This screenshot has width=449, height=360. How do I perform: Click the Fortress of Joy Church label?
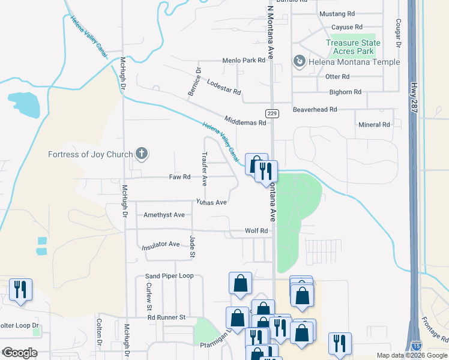[90, 154]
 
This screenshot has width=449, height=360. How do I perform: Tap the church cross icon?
[142, 154]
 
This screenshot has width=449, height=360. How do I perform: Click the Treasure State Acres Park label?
[353, 47]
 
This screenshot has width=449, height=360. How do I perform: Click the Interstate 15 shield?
[417, 346]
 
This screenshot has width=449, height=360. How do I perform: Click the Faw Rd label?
[179, 177]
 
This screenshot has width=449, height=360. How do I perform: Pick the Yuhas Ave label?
[211, 202]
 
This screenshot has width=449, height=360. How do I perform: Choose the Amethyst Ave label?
[164, 215]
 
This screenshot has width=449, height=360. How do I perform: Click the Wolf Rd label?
[256, 230]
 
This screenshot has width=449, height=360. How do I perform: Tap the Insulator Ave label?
[160, 245]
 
